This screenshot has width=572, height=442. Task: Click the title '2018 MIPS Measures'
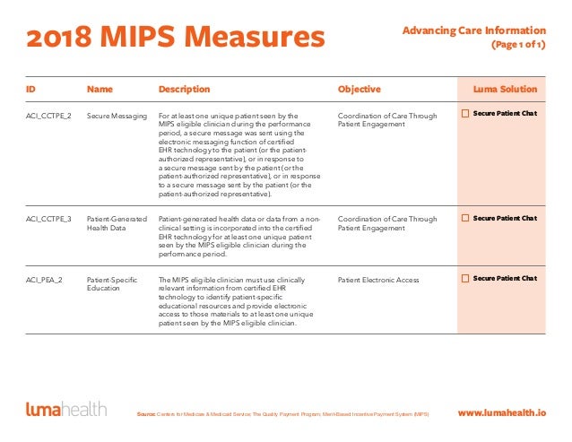pos(176,37)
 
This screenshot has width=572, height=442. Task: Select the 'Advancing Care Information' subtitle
pos(474,30)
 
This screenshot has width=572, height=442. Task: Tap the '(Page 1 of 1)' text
pos(518,45)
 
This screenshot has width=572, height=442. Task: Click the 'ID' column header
pos(30,89)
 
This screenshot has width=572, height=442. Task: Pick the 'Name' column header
pos(100,89)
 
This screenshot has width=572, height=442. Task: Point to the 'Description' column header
pos(184,90)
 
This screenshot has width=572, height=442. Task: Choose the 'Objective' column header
pos(360,90)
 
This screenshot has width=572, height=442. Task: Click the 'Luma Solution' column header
pos(505,89)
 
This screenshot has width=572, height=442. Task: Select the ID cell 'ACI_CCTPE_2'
pos(48,116)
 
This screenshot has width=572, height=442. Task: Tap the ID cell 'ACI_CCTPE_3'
pos(48,219)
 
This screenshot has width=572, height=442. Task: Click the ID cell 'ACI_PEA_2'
pos(44,280)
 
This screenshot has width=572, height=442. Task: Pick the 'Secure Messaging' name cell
pos(117,116)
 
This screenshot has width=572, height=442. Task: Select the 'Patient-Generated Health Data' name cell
pos(117,223)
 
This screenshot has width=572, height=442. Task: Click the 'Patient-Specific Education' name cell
pos(112,284)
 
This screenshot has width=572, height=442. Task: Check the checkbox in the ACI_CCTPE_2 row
pos(465,114)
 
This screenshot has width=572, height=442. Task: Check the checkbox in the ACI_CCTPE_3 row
pos(465,218)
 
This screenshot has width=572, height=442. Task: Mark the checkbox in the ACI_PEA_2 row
pos(465,278)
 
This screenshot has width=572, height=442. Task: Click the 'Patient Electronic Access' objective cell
pos(378,280)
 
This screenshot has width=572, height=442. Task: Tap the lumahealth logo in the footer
pos(66,409)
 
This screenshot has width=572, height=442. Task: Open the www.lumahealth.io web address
pos(502,412)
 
